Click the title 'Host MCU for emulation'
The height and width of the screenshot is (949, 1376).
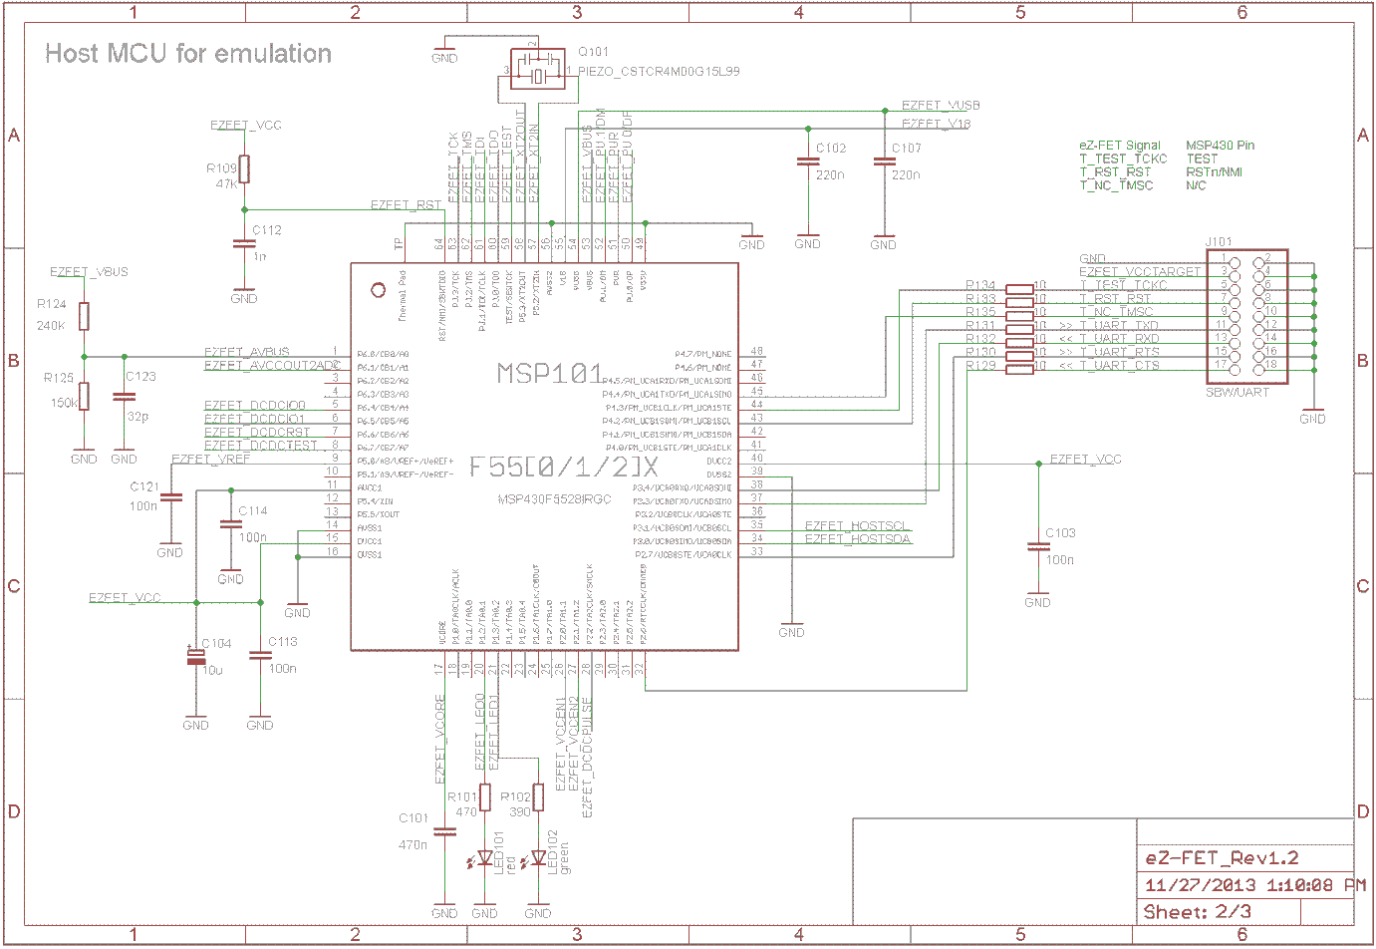coord(188,54)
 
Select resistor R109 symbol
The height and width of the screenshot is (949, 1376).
coord(244,169)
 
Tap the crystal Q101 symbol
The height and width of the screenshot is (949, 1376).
coord(538,70)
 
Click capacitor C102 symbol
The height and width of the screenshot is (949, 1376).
coord(807,162)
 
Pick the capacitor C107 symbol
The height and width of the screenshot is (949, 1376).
coord(883,162)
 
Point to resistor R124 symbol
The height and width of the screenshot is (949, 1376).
coord(84,316)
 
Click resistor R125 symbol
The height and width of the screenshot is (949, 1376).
coord(84,396)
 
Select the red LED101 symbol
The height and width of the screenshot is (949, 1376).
coord(485,857)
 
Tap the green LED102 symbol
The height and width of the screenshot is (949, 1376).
coord(538,857)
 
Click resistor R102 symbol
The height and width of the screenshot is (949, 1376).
coord(538,797)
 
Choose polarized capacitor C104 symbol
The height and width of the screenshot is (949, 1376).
coord(196,657)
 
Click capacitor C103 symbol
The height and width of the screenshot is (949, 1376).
coord(1037,546)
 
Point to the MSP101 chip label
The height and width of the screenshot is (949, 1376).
coord(550,374)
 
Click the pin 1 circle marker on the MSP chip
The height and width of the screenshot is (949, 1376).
coord(378,290)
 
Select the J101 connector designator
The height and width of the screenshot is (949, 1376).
coord(1219,242)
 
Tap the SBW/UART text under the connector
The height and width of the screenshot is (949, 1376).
coord(1238,393)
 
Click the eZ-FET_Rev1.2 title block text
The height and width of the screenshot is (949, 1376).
coord(1222,858)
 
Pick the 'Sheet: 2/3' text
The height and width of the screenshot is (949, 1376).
coord(1197,912)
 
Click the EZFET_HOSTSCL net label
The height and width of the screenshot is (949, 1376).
coord(856,525)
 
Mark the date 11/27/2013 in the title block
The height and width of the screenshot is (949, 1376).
coord(1200,885)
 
